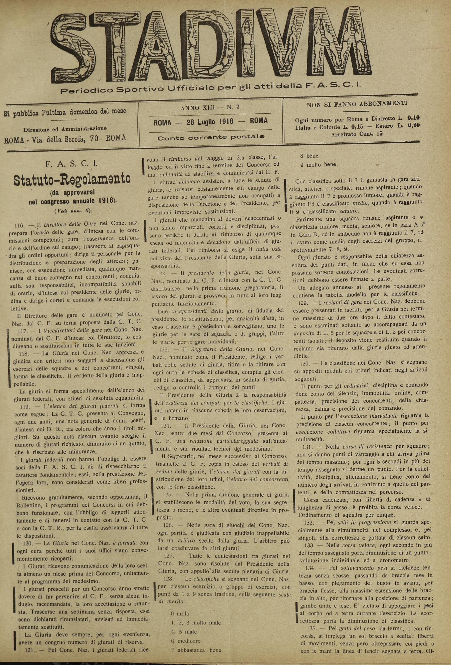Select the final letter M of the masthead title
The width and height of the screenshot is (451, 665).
click(x=339, y=47)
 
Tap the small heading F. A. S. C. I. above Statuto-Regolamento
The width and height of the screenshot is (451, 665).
click(x=72, y=164)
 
